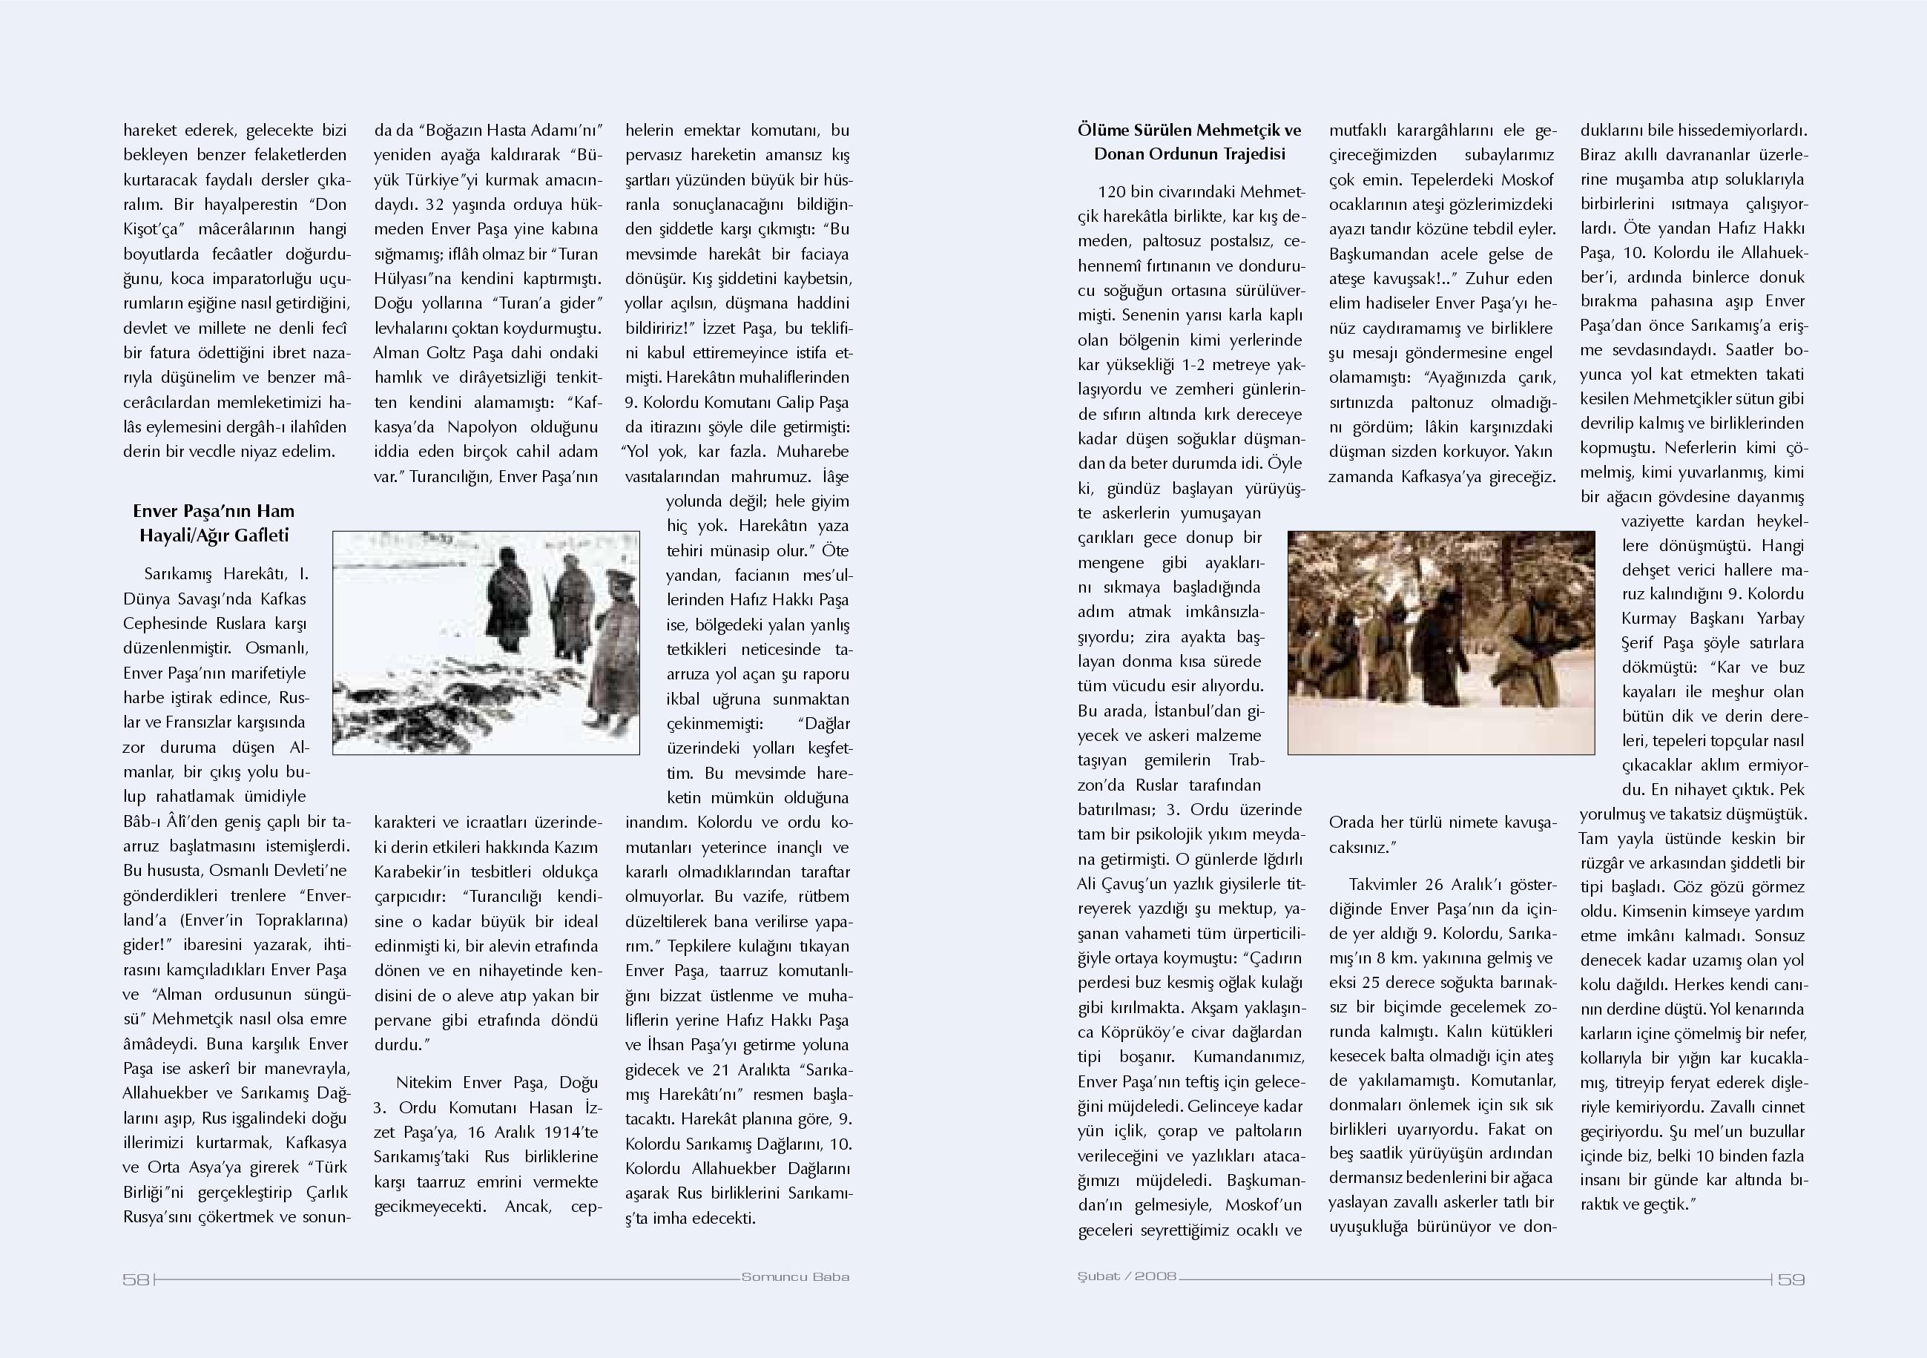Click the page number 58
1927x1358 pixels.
[x=136, y=1279]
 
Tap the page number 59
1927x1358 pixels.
[x=1791, y=1279]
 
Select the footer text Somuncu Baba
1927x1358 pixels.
[x=796, y=1277]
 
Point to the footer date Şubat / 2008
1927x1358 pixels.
[x=1127, y=1277]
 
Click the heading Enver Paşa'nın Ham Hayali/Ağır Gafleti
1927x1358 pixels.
[x=214, y=523]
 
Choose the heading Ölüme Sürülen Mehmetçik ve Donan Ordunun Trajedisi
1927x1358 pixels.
[x=1189, y=142]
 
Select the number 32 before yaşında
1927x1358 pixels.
[x=435, y=204]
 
